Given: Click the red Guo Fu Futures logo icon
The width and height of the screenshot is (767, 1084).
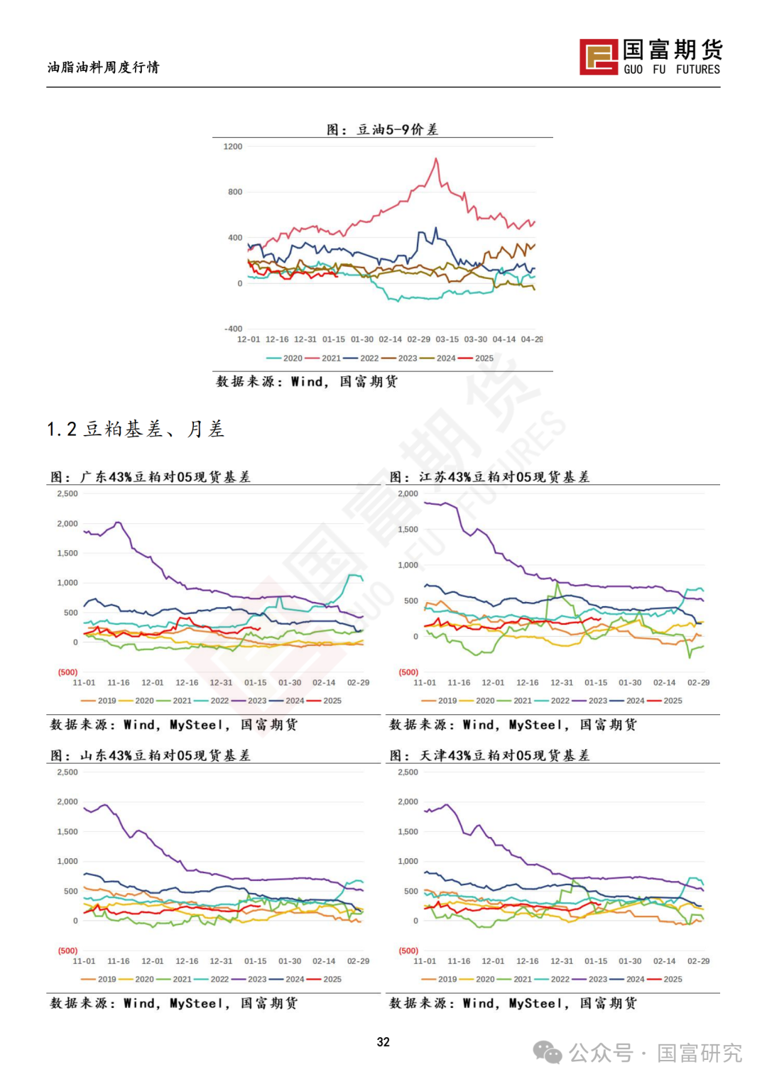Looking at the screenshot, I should pos(599,57).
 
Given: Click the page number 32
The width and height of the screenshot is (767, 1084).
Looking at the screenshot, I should pos(383,1041).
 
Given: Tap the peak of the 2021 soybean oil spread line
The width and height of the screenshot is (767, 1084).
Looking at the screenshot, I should pos(436,159).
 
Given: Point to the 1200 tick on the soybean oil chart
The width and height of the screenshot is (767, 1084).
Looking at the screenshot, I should pos(233,147).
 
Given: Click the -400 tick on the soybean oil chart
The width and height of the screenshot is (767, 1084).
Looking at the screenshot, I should pos(233,329).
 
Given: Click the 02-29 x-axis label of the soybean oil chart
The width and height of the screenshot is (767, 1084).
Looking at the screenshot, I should pos(418,339).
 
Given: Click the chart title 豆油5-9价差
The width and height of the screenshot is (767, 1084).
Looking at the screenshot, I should pos(397,129).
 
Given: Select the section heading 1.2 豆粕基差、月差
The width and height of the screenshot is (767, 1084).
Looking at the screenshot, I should pos(136,429).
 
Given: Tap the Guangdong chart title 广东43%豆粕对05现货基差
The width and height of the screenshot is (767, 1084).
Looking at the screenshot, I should pos(165,477).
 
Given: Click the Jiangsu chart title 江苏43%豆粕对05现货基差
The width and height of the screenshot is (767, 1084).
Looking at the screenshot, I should pos(504,477).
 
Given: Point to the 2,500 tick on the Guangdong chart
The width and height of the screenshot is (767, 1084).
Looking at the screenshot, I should pos(67,493).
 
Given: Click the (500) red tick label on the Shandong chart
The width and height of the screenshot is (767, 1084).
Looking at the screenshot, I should pos(68,951).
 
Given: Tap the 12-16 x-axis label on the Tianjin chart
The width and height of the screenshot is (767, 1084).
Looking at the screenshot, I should pos(527,961).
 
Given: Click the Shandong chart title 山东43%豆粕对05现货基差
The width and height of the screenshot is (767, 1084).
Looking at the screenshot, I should pos(165,755).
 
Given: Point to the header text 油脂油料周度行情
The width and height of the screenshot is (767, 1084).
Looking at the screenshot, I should pos(104,67).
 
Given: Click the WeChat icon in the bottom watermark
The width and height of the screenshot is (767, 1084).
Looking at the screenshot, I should pos(547,1052).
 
